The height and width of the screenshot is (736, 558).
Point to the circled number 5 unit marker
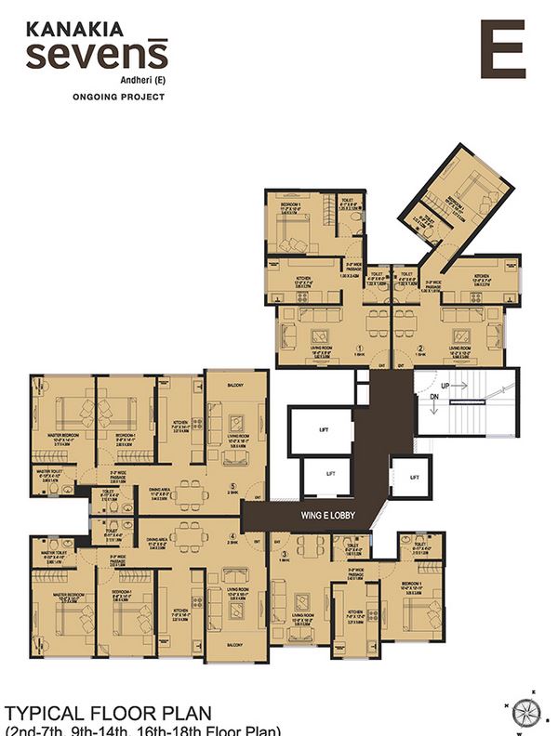pyautogui.click(x=232, y=484)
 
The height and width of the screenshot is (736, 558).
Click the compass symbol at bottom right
pyautogui.click(x=526, y=711)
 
